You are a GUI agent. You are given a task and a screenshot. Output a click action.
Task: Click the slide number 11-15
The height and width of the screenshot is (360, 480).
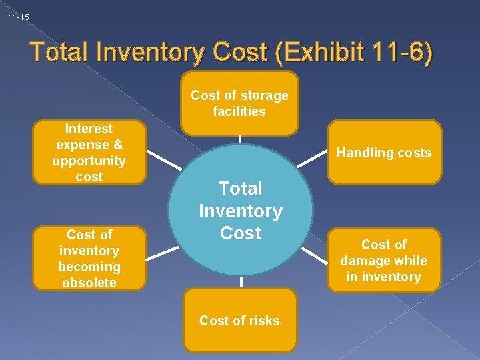point(19,17)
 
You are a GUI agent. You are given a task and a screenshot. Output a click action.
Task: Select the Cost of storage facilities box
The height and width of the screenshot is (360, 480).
point(239,103)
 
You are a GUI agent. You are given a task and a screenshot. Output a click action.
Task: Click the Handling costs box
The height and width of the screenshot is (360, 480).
point(384,153)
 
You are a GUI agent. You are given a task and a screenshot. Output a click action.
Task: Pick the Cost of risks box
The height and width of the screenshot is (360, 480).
point(239,321)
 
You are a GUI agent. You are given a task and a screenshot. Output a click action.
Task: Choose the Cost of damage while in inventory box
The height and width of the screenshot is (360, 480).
point(384,261)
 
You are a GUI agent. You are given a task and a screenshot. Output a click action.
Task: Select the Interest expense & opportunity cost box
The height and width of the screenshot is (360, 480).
point(89,153)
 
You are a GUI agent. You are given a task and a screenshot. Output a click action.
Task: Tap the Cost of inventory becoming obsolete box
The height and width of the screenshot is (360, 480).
point(89,259)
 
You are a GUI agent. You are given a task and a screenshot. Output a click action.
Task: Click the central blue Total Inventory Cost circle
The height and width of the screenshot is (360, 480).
point(240,210)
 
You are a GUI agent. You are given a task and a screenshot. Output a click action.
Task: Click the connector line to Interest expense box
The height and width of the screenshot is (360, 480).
point(163,160)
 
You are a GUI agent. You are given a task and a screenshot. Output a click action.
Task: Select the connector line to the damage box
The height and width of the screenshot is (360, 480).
point(316,257)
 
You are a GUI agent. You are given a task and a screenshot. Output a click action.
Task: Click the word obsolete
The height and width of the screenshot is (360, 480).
point(89,283)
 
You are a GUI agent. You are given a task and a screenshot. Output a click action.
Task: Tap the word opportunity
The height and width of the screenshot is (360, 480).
point(89,161)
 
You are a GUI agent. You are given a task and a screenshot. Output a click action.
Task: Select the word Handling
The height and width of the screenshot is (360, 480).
point(363,153)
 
